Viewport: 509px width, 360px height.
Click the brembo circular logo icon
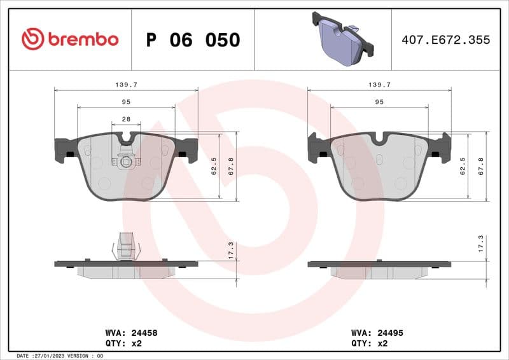click(x=32, y=39)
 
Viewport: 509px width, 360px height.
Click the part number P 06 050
click(x=193, y=40)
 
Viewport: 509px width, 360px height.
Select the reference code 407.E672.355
click(x=446, y=40)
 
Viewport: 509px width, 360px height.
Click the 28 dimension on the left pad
click(x=126, y=120)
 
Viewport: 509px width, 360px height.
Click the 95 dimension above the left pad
click(x=126, y=102)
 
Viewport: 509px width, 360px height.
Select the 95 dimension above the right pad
click(x=379, y=102)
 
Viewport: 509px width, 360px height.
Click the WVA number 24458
click(x=144, y=333)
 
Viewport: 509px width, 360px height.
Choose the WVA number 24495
click(x=391, y=333)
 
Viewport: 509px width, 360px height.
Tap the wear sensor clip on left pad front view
click(x=126, y=161)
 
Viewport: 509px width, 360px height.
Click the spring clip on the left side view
click(x=125, y=247)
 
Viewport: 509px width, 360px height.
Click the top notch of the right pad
click(x=380, y=137)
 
